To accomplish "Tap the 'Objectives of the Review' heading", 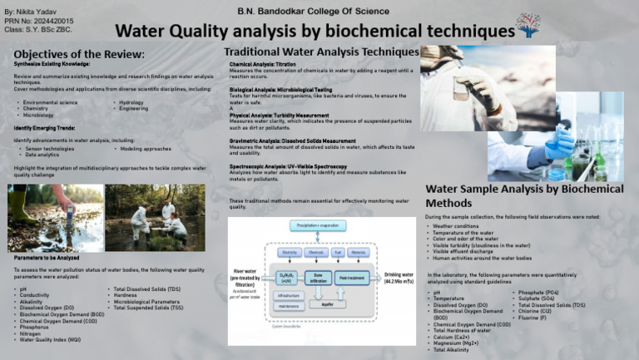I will [80, 53].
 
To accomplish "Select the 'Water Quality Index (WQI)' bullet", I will [50, 340].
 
